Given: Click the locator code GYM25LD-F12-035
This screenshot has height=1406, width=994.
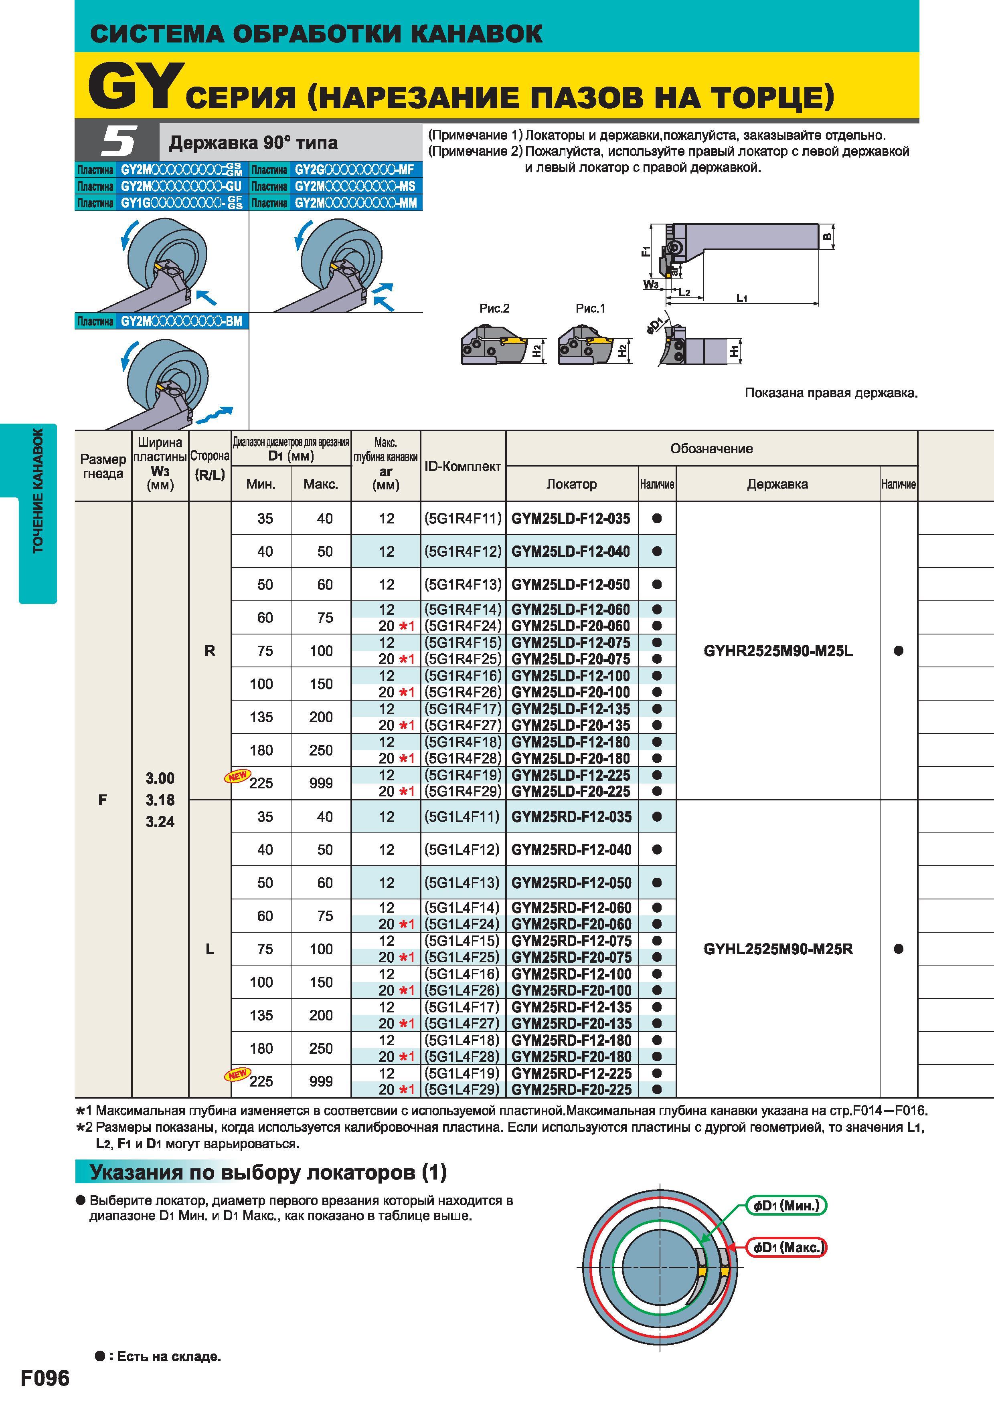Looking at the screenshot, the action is click(x=571, y=519).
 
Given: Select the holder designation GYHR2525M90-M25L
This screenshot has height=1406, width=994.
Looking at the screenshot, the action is click(x=778, y=651).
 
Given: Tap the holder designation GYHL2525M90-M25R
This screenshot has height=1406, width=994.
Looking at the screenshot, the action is click(x=778, y=949).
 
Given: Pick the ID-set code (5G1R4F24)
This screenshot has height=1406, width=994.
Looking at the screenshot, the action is click(x=463, y=626).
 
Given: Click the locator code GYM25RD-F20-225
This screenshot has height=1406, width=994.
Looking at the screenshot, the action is click(x=571, y=1089).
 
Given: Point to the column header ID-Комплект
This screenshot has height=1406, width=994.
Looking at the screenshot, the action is click(x=463, y=466).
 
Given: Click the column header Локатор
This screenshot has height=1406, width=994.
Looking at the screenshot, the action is click(x=571, y=484).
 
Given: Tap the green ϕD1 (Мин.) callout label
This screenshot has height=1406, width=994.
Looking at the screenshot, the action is click(x=786, y=1206).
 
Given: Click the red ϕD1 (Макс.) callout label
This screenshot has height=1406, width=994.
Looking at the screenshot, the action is click(x=786, y=1247).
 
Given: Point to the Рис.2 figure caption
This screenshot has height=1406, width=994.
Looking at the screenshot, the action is click(x=494, y=309).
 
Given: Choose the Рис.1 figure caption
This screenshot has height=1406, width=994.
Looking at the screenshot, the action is click(x=590, y=309).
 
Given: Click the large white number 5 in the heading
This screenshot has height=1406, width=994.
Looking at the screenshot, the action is click(x=118, y=141).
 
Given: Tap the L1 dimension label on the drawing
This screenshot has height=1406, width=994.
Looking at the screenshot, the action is click(x=742, y=298).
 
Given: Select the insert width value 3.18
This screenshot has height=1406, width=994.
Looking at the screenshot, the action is click(x=160, y=800).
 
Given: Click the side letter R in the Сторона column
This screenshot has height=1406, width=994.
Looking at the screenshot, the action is click(x=210, y=651).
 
